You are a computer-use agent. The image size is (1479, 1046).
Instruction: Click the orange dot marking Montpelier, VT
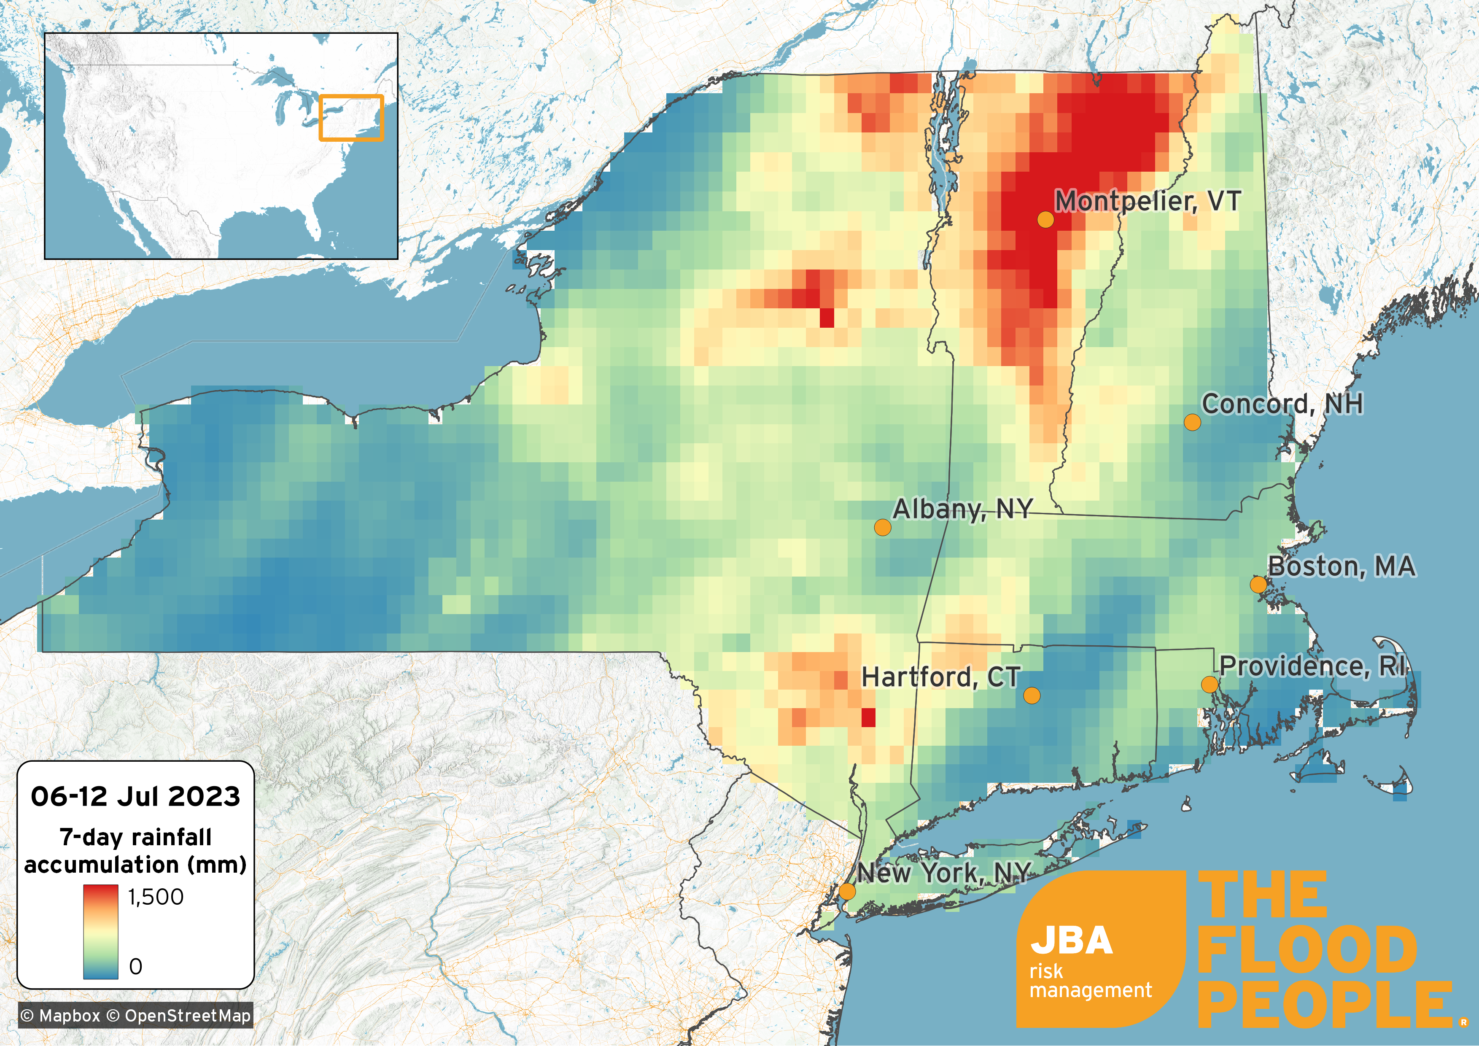pos(1045,220)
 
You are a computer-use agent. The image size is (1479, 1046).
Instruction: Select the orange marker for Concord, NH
pos(1192,423)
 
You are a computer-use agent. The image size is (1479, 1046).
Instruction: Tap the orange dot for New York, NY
pos(848,891)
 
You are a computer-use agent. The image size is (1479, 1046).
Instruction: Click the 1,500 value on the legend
pos(156,897)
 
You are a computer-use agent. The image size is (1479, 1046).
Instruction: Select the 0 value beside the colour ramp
pos(136,966)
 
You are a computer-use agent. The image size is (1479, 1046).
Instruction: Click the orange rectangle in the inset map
pos(351,118)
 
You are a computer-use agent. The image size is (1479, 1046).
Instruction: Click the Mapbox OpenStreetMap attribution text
pos(135,1016)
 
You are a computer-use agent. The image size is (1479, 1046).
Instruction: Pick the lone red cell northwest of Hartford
pos(868,717)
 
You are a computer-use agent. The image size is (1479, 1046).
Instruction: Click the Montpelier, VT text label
pos(1147,201)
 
